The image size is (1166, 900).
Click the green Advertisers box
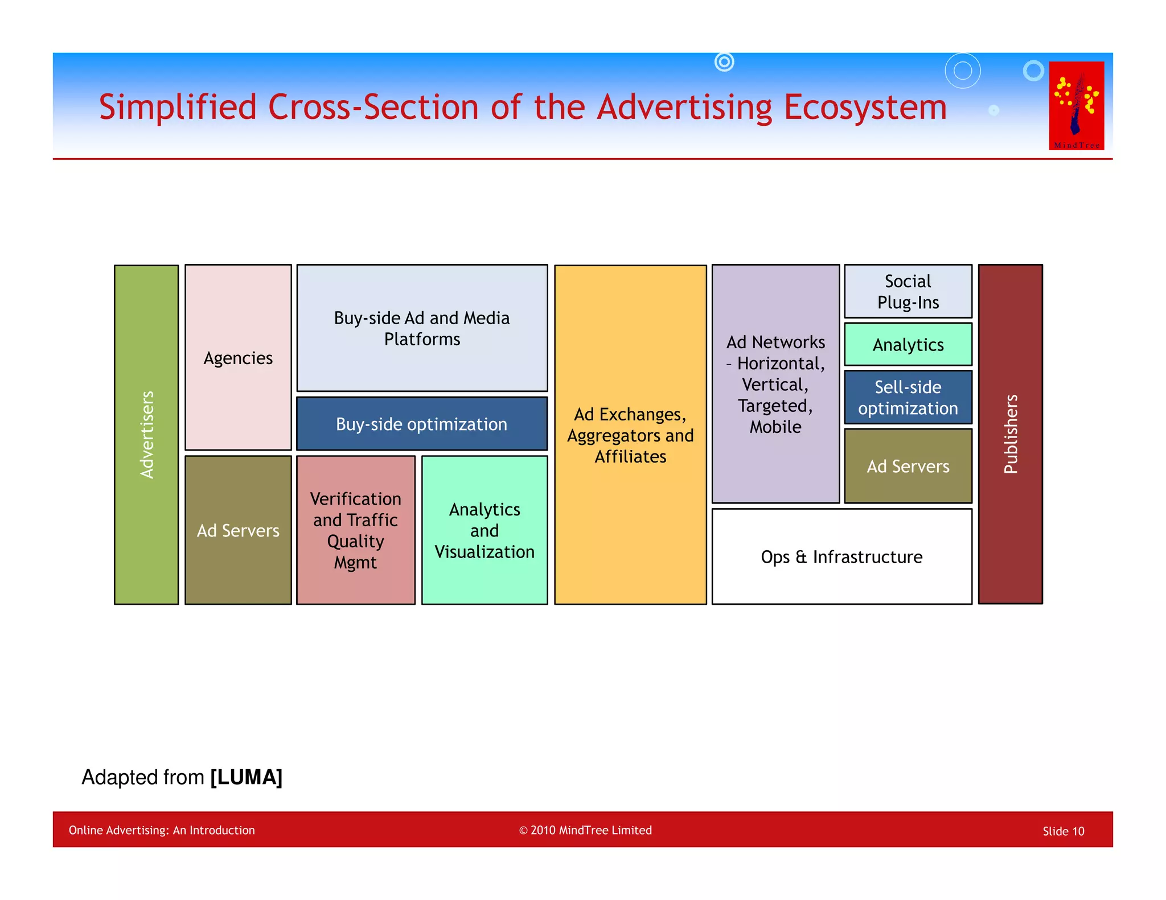pyautogui.click(x=146, y=434)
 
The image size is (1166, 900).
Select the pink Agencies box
pyautogui.click(x=238, y=357)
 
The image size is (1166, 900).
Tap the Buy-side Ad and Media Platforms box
pyautogui.click(x=422, y=328)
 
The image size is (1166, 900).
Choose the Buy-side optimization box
pyautogui.click(x=422, y=424)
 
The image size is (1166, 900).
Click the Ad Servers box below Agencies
pyautogui.click(x=238, y=530)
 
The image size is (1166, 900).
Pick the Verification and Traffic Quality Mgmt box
pyautogui.click(x=356, y=530)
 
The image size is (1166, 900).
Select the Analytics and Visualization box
pyautogui.click(x=485, y=530)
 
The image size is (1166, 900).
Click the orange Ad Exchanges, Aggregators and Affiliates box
pyautogui.click(x=630, y=434)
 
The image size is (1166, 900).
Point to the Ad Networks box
pyautogui.click(x=775, y=384)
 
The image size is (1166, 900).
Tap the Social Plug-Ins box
pyautogui.click(x=908, y=291)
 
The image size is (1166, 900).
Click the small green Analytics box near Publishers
pyautogui.click(x=908, y=344)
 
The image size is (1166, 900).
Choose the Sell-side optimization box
pyautogui.click(x=908, y=397)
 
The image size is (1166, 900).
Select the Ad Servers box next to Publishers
pyautogui.click(x=908, y=466)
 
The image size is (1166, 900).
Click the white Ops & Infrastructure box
pyautogui.click(x=841, y=556)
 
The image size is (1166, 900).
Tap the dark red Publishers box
pyautogui.click(x=1010, y=434)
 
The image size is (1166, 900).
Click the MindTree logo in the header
pyautogui.click(x=1076, y=106)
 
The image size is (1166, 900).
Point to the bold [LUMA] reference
pyautogui.click(x=246, y=777)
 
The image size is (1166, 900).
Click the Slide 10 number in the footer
pyautogui.click(x=1063, y=831)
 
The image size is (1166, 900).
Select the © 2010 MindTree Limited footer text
pyautogui.click(x=585, y=830)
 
